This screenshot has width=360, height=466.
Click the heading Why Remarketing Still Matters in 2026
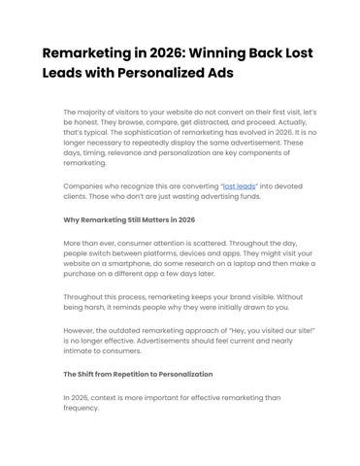[129, 219]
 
